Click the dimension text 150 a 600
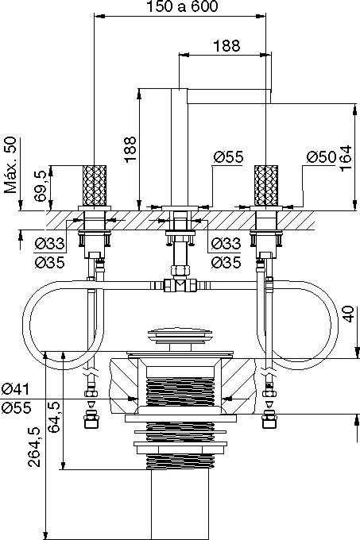182,6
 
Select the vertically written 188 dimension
130,150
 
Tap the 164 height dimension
346,158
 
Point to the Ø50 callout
321,157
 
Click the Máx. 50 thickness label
10,165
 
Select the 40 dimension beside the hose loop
349,314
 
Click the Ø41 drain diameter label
16,389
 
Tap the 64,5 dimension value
54,417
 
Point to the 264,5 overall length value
34,447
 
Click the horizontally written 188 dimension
226,46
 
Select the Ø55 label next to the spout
228,157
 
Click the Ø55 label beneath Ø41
16,408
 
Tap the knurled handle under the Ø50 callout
266,185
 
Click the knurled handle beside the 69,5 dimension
95,185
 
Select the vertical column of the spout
180,148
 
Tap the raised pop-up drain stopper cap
180,336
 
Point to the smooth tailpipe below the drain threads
180,504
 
